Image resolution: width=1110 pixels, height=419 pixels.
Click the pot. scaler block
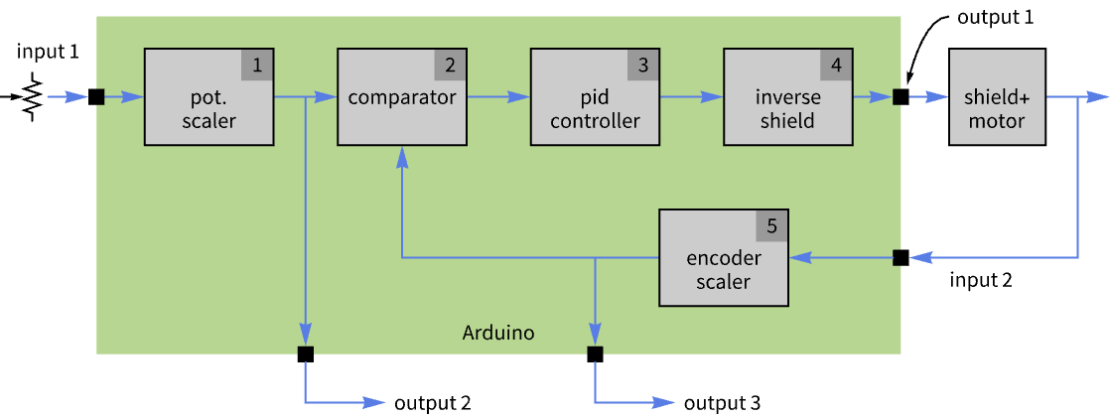pyautogui.click(x=209, y=97)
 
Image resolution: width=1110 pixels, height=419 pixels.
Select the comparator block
pyautogui.click(x=402, y=97)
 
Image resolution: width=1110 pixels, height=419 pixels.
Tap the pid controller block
pyautogui.click(x=595, y=97)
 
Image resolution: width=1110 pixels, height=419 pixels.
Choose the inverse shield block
pyautogui.click(x=788, y=97)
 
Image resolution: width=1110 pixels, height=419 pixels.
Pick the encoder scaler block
pyautogui.click(x=724, y=257)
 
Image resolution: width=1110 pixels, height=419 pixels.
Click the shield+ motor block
pyautogui.click(x=997, y=97)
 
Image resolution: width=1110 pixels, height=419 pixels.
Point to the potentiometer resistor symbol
pyautogui.click(x=31, y=97)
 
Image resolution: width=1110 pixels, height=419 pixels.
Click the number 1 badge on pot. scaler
pyautogui.click(x=258, y=66)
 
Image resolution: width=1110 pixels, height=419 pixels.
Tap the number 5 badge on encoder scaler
pyautogui.click(x=771, y=225)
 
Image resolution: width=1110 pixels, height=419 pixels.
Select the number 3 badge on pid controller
pyautogui.click(x=642, y=66)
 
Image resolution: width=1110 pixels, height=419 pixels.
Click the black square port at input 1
pyautogui.click(x=96, y=97)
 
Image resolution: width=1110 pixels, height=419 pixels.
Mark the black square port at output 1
pyautogui.click(x=901, y=97)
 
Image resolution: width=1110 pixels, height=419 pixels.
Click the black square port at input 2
pyautogui.click(x=901, y=257)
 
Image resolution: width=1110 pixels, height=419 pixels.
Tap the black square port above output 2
pyautogui.click(x=305, y=353)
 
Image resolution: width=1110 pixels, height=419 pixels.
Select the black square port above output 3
pyautogui.click(x=595, y=353)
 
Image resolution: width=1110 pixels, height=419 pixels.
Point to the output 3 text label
pyautogui.click(x=722, y=403)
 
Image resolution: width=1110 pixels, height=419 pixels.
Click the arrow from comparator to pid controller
pyautogui.click(x=498, y=97)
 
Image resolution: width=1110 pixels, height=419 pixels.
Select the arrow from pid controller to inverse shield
pyautogui.click(x=692, y=97)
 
